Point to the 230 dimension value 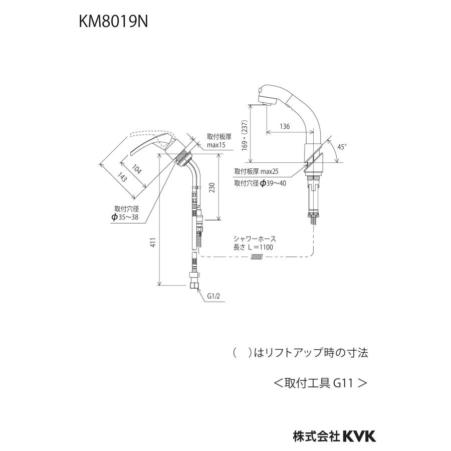(x=212, y=187)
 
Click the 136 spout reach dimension (x=284, y=127)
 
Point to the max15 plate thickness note (x=216, y=145)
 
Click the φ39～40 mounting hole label (x=260, y=183)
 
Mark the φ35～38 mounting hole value (x=127, y=217)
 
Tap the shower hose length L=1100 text (x=253, y=247)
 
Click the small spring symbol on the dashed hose (x=256, y=257)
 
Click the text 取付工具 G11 (x=320, y=383)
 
